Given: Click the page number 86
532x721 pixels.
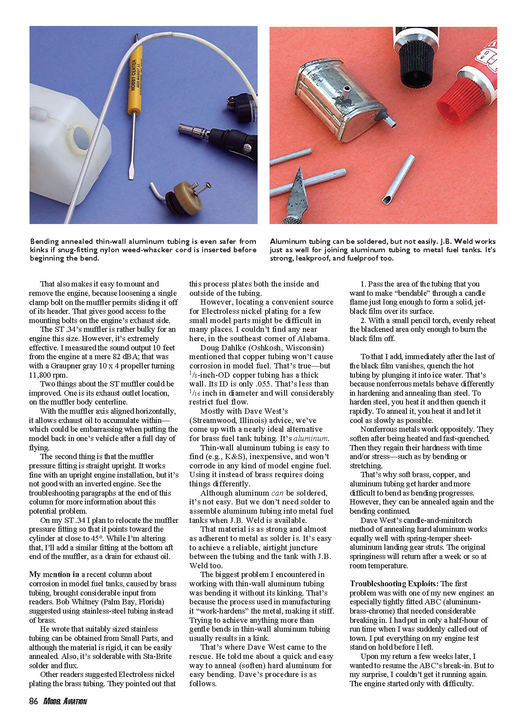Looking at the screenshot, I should [x=33, y=701].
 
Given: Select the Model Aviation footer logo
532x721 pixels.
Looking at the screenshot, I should [x=65, y=702].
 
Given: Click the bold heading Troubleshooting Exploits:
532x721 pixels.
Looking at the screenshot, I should [x=394, y=584].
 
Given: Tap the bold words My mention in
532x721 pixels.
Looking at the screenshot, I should [x=54, y=574].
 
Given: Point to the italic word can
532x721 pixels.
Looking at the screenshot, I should [x=277, y=493].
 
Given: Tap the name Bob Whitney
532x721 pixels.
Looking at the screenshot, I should [x=74, y=602].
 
